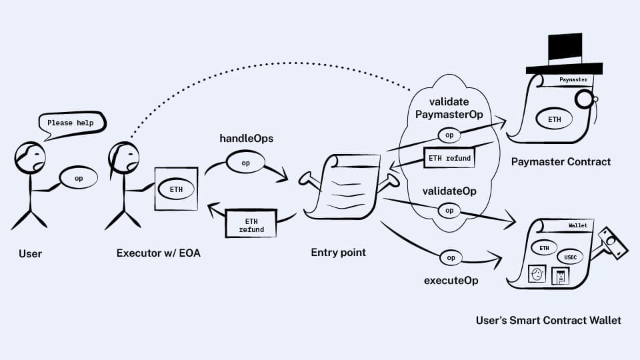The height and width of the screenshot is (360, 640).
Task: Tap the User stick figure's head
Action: point(31,157)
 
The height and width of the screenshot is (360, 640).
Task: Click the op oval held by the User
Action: point(79,179)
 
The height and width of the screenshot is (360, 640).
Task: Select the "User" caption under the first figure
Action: point(31,253)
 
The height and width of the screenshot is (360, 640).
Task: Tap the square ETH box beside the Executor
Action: point(176,189)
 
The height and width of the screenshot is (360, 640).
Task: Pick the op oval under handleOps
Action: point(245,163)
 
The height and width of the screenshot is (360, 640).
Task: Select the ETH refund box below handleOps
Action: point(251,225)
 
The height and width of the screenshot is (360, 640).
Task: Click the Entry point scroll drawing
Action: point(342,187)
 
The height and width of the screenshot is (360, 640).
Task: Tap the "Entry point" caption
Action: point(339,253)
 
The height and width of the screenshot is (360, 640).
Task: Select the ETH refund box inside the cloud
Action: point(449,158)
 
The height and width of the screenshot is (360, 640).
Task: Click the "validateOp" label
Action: point(449,191)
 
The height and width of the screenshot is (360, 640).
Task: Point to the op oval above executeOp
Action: point(451,257)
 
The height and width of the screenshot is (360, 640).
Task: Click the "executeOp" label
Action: point(451,280)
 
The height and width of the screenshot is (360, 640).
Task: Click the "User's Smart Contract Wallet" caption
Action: point(548,321)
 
